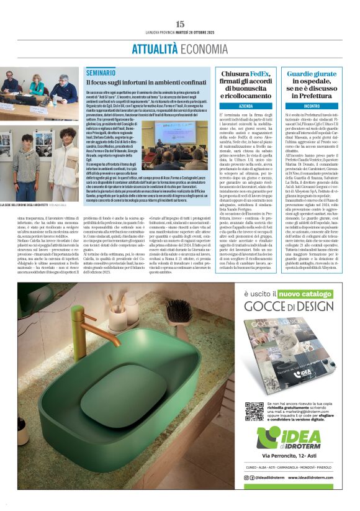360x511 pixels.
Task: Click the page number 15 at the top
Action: point(180,24)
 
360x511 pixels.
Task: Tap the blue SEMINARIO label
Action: point(101,73)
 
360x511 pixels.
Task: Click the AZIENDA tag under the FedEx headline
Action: point(245,106)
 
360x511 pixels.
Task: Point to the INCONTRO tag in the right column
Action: point(312,106)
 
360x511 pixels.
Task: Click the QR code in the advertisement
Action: point(254,411)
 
